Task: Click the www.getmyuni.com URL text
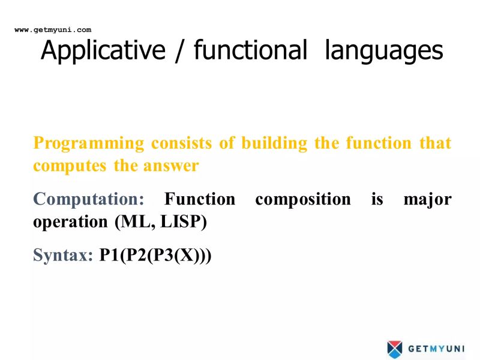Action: click(x=53, y=29)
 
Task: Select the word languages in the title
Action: click(x=383, y=52)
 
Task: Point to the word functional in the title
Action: click(x=250, y=52)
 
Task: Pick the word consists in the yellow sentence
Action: click(x=178, y=143)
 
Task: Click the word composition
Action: click(x=303, y=199)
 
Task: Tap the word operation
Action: click(x=71, y=222)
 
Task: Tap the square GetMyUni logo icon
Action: click(x=394, y=348)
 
